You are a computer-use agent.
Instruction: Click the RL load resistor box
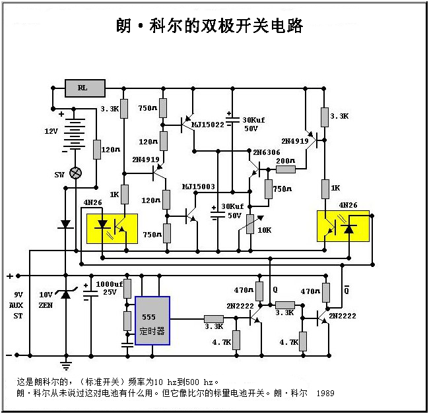click(85, 87)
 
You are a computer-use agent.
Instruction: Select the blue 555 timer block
click(152, 321)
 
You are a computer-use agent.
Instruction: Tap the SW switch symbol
click(76, 173)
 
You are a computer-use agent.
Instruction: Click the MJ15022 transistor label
click(209, 123)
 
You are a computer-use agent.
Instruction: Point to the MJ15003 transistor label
click(199, 187)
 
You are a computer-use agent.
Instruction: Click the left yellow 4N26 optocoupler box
click(113, 227)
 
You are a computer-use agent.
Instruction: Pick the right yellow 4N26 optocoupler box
click(343, 226)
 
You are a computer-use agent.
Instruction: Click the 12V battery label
click(51, 131)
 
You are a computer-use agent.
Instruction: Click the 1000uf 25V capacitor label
click(107, 287)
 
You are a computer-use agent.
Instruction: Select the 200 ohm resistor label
click(285, 161)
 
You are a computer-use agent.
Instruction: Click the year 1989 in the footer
click(325, 394)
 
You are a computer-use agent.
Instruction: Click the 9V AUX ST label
click(18, 306)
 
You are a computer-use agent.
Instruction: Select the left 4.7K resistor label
click(222, 343)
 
